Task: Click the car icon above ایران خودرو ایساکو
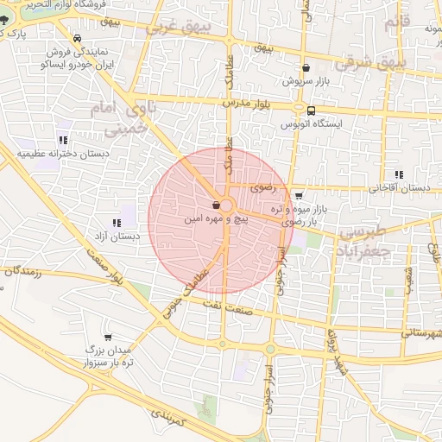coord(79,39)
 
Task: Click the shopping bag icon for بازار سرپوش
coord(306,67)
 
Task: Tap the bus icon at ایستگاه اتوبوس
coord(310,110)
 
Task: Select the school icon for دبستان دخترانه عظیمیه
coord(62,139)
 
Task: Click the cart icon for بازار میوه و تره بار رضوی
coord(298,196)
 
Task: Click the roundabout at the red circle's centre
coord(226,205)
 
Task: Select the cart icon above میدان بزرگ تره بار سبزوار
coord(108,337)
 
